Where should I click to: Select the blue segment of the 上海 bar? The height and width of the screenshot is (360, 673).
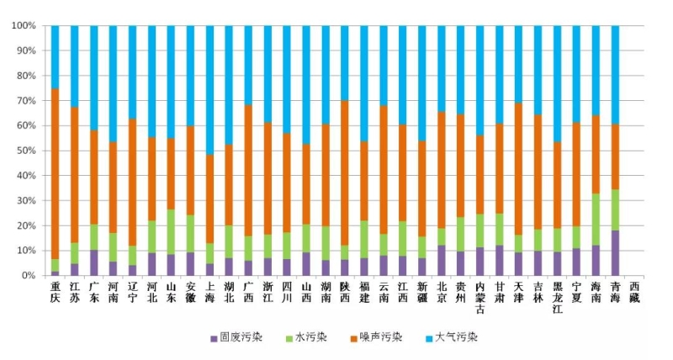tap(210, 89)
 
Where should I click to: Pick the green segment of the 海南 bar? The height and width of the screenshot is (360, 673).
tap(596, 220)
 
